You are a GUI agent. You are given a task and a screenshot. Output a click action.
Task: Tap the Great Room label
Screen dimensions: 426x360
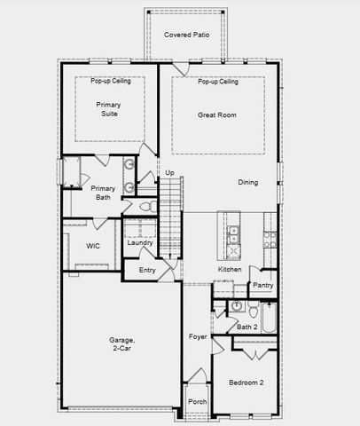tap(216, 114)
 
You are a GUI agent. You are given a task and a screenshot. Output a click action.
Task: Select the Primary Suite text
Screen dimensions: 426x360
tap(108, 109)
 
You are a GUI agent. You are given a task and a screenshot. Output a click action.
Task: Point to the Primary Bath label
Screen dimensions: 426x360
tap(104, 193)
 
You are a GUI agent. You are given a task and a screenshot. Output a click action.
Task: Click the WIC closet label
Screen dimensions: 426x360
tap(92, 246)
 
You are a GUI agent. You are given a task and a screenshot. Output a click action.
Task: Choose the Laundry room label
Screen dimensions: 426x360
tap(140, 242)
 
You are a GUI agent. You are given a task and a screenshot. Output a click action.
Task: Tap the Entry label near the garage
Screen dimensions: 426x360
tap(147, 270)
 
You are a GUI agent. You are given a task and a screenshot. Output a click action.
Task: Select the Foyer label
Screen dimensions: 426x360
tap(198, 337)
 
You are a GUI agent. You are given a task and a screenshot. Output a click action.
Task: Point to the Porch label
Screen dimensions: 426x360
tap(198, 401)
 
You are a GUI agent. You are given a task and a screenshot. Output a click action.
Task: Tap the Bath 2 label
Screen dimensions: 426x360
tap(247, 327)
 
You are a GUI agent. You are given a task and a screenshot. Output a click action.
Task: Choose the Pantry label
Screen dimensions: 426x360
tap(262, 285)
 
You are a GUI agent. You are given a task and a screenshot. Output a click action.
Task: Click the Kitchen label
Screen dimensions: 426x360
tap(231, 269)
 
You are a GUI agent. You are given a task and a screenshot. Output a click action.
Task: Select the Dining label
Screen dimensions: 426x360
tap(248, 183)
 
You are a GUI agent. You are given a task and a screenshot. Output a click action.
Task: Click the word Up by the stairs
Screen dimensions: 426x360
tap(169, 172)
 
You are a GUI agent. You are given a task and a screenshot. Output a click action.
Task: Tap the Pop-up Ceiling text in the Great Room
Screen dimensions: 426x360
tap(218, 82)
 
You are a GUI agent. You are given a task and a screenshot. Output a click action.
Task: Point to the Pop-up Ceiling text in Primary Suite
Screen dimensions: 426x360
tap(110, 82)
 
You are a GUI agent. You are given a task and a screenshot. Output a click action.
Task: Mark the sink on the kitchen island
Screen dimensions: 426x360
tap(233, 234)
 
